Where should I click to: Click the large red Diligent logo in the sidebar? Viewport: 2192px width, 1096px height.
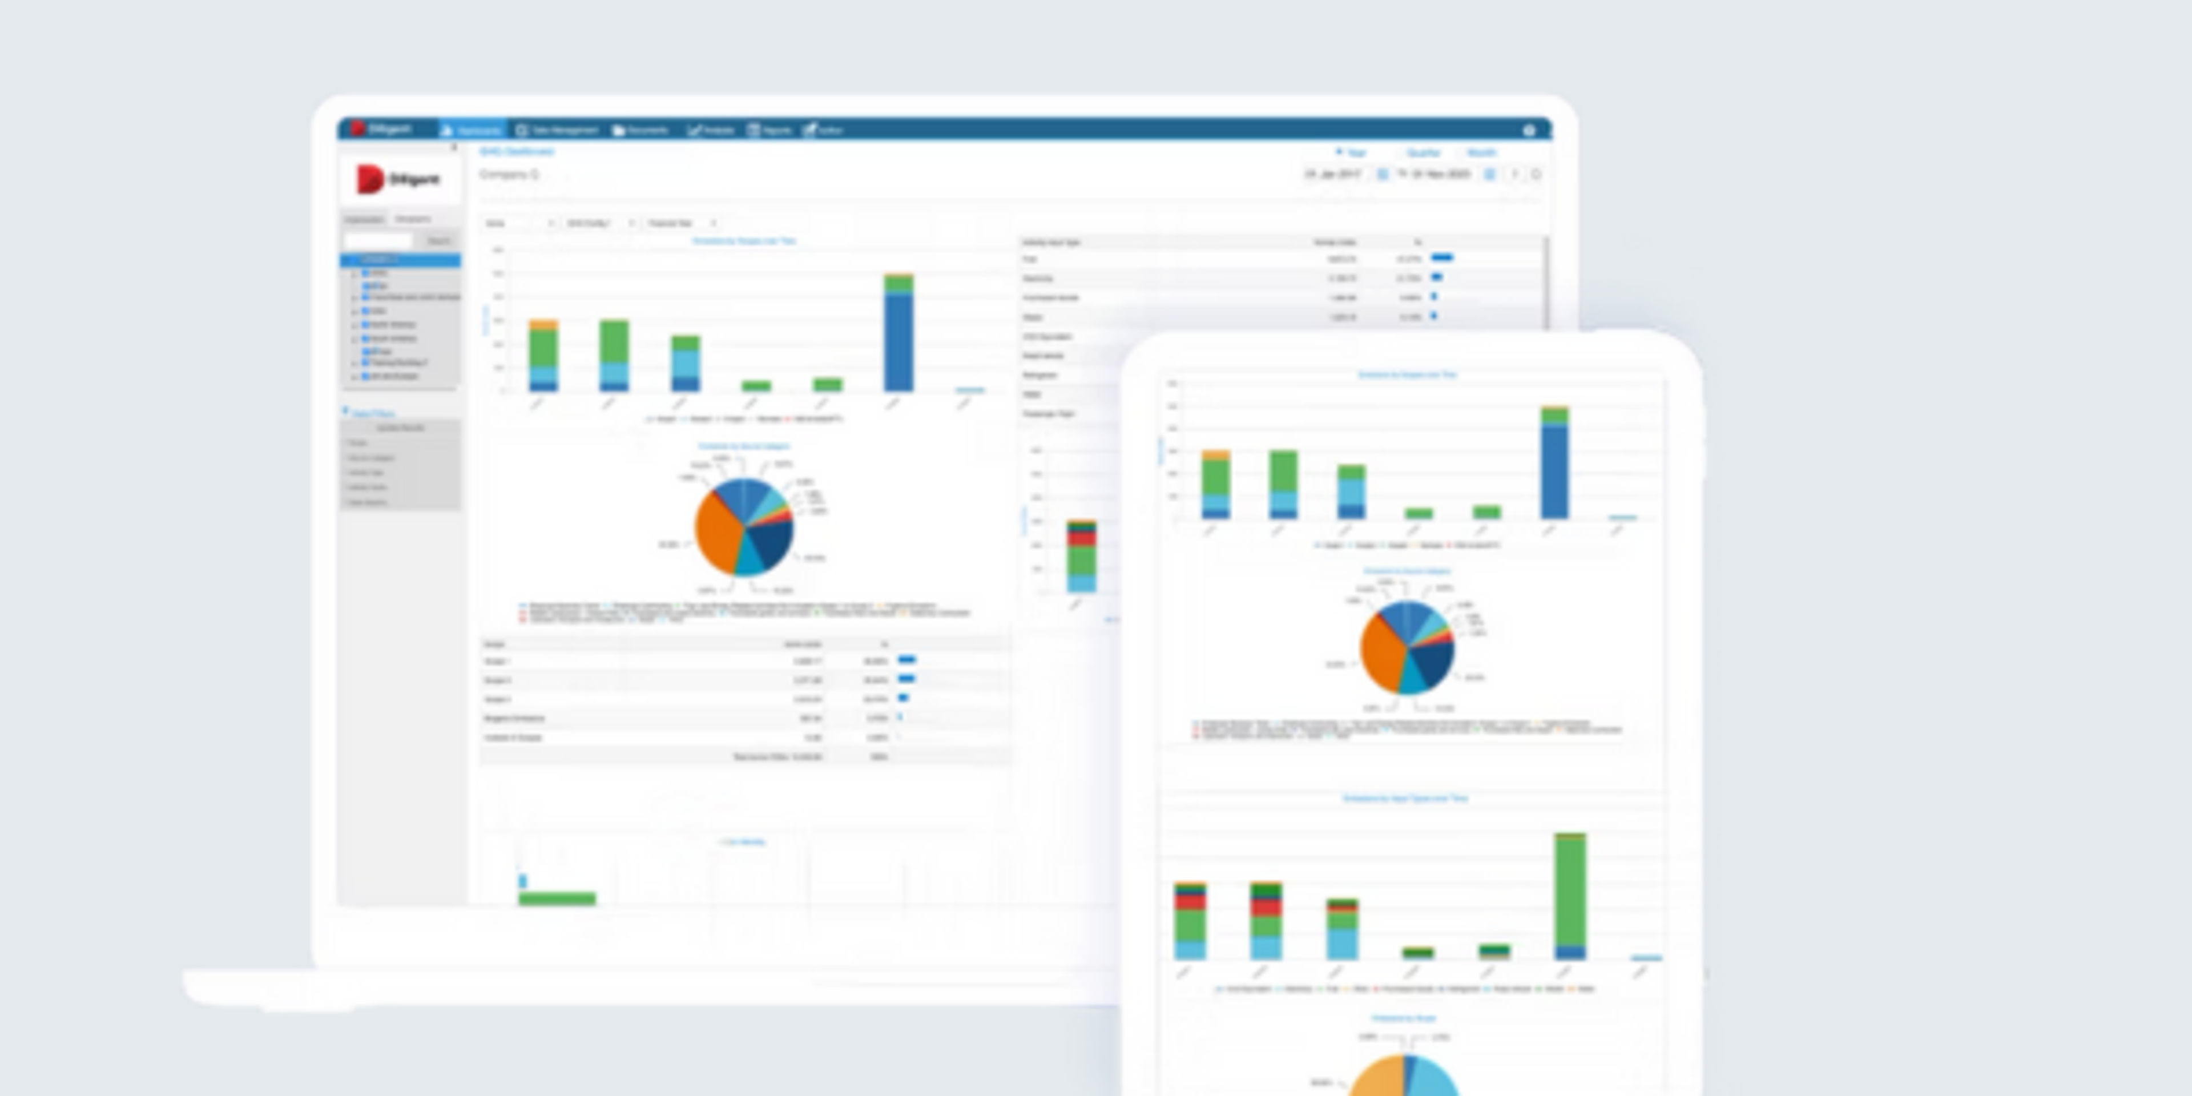tap(369, 179)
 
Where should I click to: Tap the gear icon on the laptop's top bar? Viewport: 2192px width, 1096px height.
tap(1529, 130)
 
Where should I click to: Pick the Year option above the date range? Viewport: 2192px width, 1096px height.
tap(1353, 153)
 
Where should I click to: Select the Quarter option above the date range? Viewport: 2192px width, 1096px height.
tap(1423, 153)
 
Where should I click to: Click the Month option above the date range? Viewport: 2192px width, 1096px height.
tap(1481, 153)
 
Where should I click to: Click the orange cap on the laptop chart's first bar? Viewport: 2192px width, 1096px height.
tap(543, 325)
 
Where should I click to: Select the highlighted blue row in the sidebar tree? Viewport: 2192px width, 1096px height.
tap(401, 260)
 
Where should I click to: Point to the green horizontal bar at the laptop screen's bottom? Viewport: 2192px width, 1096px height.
tap(557, 898)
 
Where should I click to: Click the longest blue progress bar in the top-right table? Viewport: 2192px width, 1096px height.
tap(1442, 257)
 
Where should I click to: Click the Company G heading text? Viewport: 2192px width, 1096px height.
tap(509, 175)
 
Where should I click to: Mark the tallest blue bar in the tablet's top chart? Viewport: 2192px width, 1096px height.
tap(1554, 472)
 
